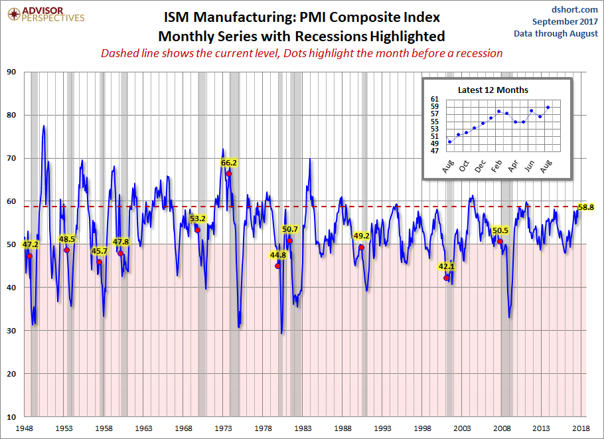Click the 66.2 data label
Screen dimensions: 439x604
229,162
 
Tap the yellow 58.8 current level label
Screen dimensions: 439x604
586,207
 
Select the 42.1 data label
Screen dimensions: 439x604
447,267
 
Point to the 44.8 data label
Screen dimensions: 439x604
278,254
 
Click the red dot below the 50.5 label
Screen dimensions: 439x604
500,242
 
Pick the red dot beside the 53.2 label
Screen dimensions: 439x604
197,230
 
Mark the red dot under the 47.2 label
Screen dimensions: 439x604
30,256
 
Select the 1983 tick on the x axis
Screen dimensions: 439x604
303,429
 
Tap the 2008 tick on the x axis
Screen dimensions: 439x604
502,429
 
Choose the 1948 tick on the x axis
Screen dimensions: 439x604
25,429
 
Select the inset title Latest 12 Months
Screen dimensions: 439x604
493,90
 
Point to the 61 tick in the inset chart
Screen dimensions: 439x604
435,99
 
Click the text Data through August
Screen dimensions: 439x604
556,34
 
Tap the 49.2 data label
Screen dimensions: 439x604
362,236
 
